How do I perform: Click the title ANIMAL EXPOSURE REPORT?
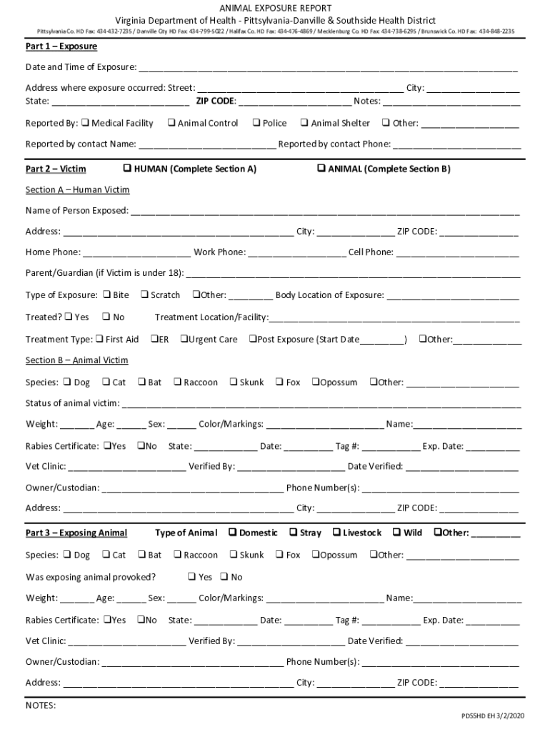(x=275, y=7)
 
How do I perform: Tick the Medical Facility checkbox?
(x=85, y=123)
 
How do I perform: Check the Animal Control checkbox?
(x=171, y=123)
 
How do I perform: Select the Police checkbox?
(x=256, y=123)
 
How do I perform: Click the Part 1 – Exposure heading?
(x=61, y=46)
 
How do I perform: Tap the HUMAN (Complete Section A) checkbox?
(x=127, y=169)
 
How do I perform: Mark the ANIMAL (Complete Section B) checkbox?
(x=321, y=169)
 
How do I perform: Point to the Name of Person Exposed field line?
(x=324, y=212)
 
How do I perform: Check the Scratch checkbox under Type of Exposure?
(x=144, y=295)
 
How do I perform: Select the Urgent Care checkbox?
(x=184, y=339)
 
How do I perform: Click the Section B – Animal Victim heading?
(x=77, y=360)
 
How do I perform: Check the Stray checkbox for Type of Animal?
(x=293, y=533)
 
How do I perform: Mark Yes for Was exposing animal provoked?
(x=191, y=577)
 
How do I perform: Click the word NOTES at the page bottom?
(x=41, y=706)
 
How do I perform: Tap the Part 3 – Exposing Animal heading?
(x=76, y=533)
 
